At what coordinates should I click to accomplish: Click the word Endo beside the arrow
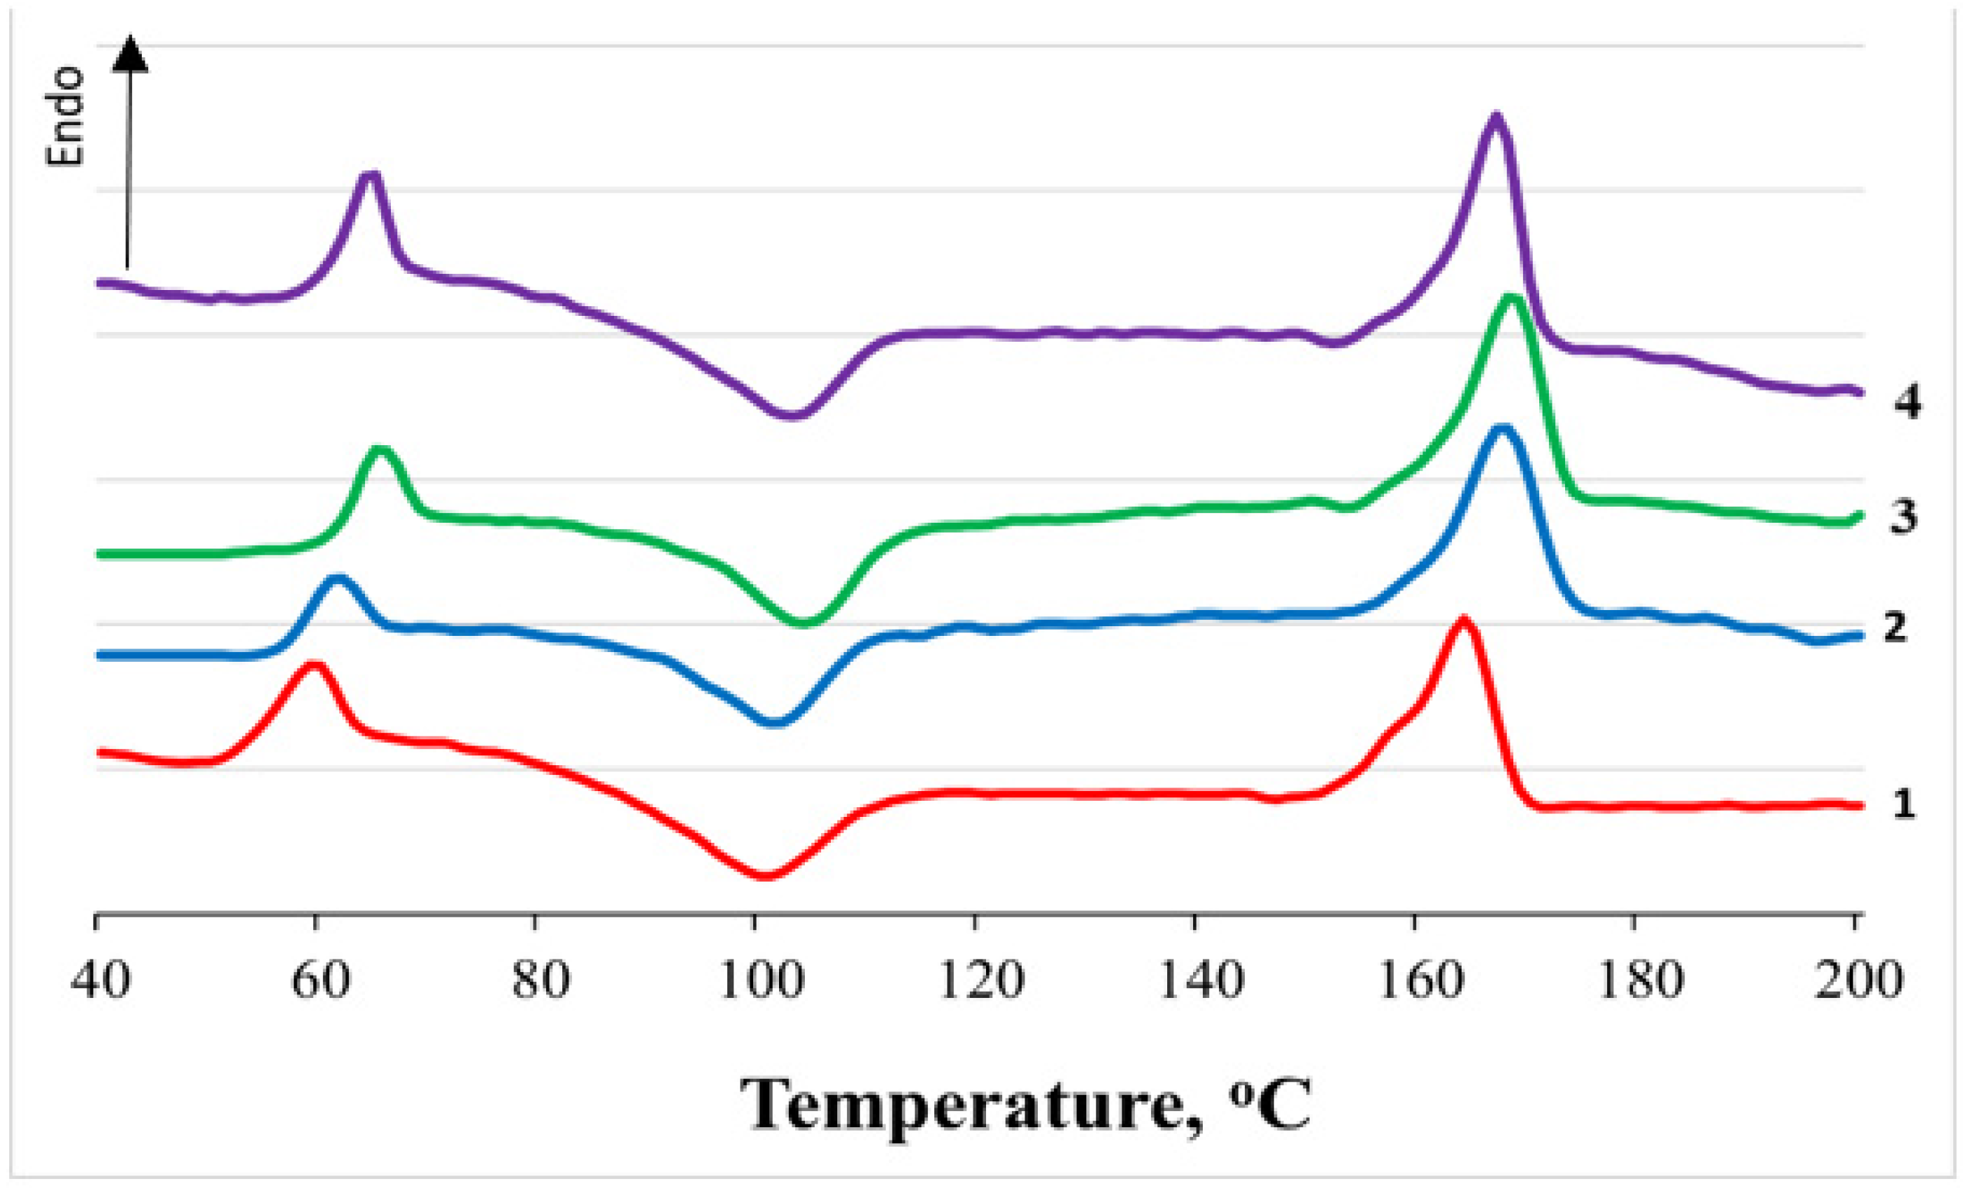pos(65,116)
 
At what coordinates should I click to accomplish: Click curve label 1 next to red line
pos(1902,805)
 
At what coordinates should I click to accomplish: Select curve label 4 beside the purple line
pos(1907,404)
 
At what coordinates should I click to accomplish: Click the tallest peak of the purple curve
pos(1495,117)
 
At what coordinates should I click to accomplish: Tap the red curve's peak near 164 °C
pos(1463,619)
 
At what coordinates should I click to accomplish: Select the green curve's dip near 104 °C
pos(804,623)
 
